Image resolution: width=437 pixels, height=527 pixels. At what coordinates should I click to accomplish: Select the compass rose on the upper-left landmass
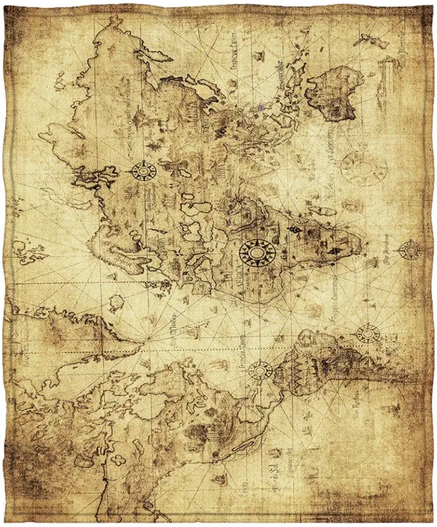click(x=143, y=171)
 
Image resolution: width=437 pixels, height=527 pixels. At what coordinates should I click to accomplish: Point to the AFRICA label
click(x=240, y=268)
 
